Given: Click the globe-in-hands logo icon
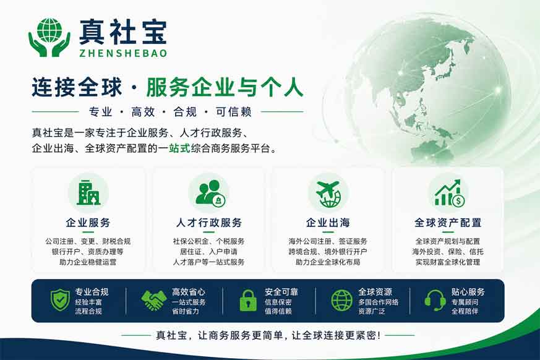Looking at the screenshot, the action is pos(49,38).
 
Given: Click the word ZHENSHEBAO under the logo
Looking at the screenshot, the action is pos(123,53).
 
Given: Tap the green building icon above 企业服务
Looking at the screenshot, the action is pos(88,192).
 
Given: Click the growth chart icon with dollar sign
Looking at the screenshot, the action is pos(448,193).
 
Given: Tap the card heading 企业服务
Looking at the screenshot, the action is pos(88,223).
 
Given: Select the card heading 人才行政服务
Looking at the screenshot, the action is pos(209,223).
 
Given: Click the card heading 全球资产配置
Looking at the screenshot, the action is pos(448,223).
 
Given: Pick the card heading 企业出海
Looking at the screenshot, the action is pos(328,223).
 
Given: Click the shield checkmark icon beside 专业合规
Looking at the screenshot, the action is pos(60,300).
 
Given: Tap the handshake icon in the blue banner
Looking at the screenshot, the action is pos(153,301).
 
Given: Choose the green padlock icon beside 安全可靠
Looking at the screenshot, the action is pos(248,301).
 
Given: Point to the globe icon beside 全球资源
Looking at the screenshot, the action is pos(341,301).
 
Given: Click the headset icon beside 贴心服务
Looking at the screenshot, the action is pos(435,301).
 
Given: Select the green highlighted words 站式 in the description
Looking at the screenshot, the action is pos(180,149).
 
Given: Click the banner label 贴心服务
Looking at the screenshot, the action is pos(468,292).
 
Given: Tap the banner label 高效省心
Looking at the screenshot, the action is pos(189,292).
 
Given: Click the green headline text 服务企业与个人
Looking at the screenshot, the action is pos(225,87).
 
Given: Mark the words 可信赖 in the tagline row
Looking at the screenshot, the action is pos(234,112).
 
